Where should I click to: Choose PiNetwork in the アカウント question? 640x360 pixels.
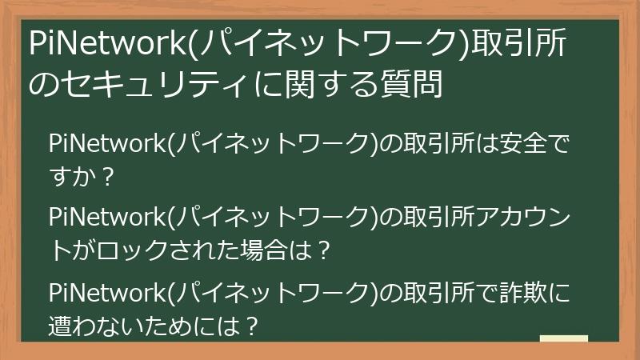(x=106, y=218)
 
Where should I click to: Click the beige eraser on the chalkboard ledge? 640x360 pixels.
(x=564, y=339)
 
